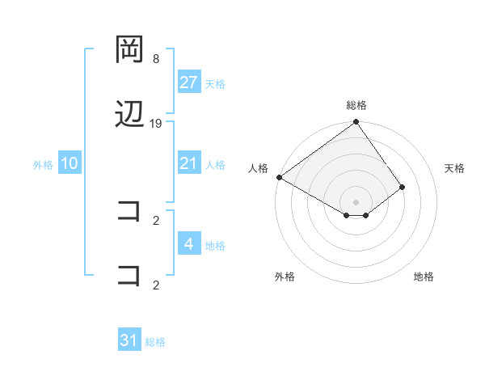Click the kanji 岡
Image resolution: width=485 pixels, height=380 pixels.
tap(130, 50)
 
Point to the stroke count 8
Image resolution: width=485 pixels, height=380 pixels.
tap(156, 59)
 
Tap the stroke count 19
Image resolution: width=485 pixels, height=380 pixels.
tap(156, 123)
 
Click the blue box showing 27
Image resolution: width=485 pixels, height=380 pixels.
tap(189, 82)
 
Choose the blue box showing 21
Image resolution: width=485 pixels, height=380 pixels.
tap(189, 163)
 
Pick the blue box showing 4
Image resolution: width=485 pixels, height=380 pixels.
tap(189, 244)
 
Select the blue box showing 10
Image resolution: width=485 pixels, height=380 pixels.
tap(70, 163)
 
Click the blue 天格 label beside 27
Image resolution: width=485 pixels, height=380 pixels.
tap(215, 83)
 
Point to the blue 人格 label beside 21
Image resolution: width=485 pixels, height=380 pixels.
tap(215, 164)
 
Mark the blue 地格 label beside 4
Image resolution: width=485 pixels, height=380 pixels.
tap(215, 245)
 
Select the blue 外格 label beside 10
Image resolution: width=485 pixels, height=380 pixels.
tap(43, 164)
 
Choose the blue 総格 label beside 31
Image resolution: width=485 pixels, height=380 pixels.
tap(155, 341)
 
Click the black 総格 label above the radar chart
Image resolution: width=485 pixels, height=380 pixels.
tap(356, 105)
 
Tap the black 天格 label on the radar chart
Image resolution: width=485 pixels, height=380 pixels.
tap(455, 168)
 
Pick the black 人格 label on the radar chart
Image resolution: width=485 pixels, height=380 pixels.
tap(258, 168)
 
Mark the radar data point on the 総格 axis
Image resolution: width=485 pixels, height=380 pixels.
tap(356, 123)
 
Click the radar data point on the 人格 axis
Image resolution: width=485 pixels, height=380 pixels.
tap(279, 177)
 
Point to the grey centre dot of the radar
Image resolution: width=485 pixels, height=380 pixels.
tap(356, 201)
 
